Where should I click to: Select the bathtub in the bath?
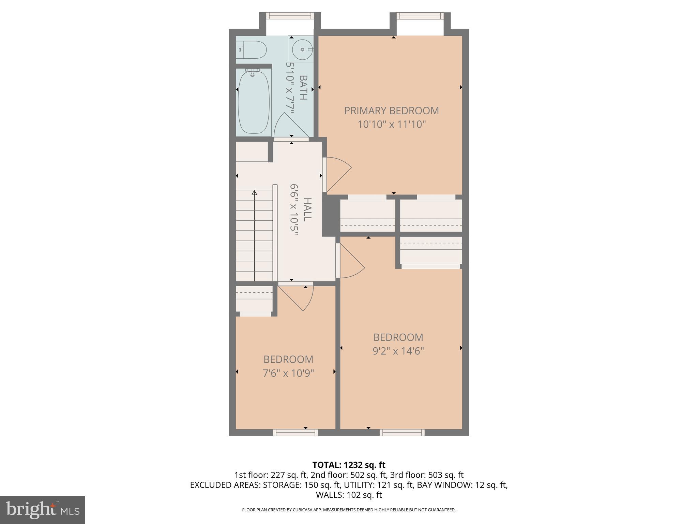[x=254, y=102]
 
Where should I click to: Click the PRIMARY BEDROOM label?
[x=391, y=111]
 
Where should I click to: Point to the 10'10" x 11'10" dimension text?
[x=392, y=124]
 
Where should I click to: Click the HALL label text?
[x=307, y=209]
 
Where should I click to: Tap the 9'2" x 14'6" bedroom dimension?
[x=398, y=351]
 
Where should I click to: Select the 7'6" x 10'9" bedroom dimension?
[x=288, y=373]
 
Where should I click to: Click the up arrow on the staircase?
[x=254, y=193]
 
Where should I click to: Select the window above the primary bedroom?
[x=420, y=16]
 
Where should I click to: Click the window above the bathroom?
[x=289, y=16]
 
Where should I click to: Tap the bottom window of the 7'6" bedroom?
[x=295, y=432]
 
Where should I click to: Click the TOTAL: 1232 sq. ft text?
[x=349, y=465]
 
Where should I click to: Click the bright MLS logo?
[x=42, y=510]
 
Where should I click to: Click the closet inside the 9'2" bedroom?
[x=431, y=251]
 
